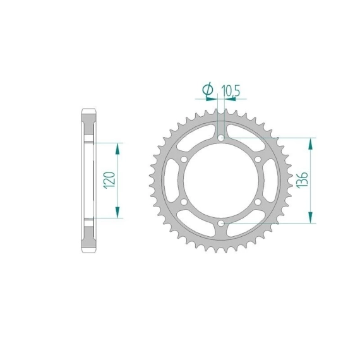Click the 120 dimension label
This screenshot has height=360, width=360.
click(109, 180)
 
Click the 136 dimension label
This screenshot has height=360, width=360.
click(302, 180)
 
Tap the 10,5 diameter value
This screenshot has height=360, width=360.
click(231, 90)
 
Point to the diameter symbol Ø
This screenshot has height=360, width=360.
click(208, 90)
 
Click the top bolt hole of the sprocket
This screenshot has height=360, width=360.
click(221, 138)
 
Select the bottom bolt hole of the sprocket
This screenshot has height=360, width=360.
click(221, 223)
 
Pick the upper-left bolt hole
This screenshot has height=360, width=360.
click(184, 159)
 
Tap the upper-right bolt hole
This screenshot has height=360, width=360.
click(258, 159)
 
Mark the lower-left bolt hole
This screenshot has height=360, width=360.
click(184, 202)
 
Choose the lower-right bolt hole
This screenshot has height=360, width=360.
click(258, 202)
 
